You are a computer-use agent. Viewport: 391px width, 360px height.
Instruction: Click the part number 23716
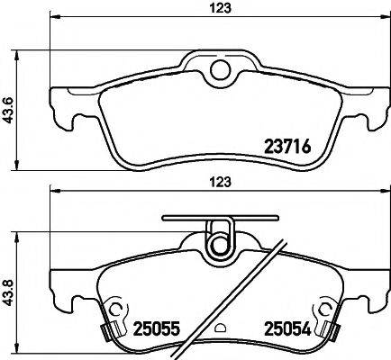(x=287, y=148)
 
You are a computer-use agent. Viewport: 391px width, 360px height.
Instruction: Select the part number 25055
(x=157, y=328)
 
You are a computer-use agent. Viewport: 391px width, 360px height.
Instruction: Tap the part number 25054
(x=287, y=328)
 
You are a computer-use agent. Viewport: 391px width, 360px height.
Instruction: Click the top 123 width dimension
(x=221, y=8)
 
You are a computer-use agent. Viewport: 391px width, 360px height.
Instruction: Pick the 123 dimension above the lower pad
(x=221, y=182)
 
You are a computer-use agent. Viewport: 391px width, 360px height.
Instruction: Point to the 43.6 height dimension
(x=8, y=110)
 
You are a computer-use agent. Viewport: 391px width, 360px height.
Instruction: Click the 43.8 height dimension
(x=8, y=292)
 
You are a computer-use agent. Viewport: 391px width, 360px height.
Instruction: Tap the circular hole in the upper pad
(x=221, y=70)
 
